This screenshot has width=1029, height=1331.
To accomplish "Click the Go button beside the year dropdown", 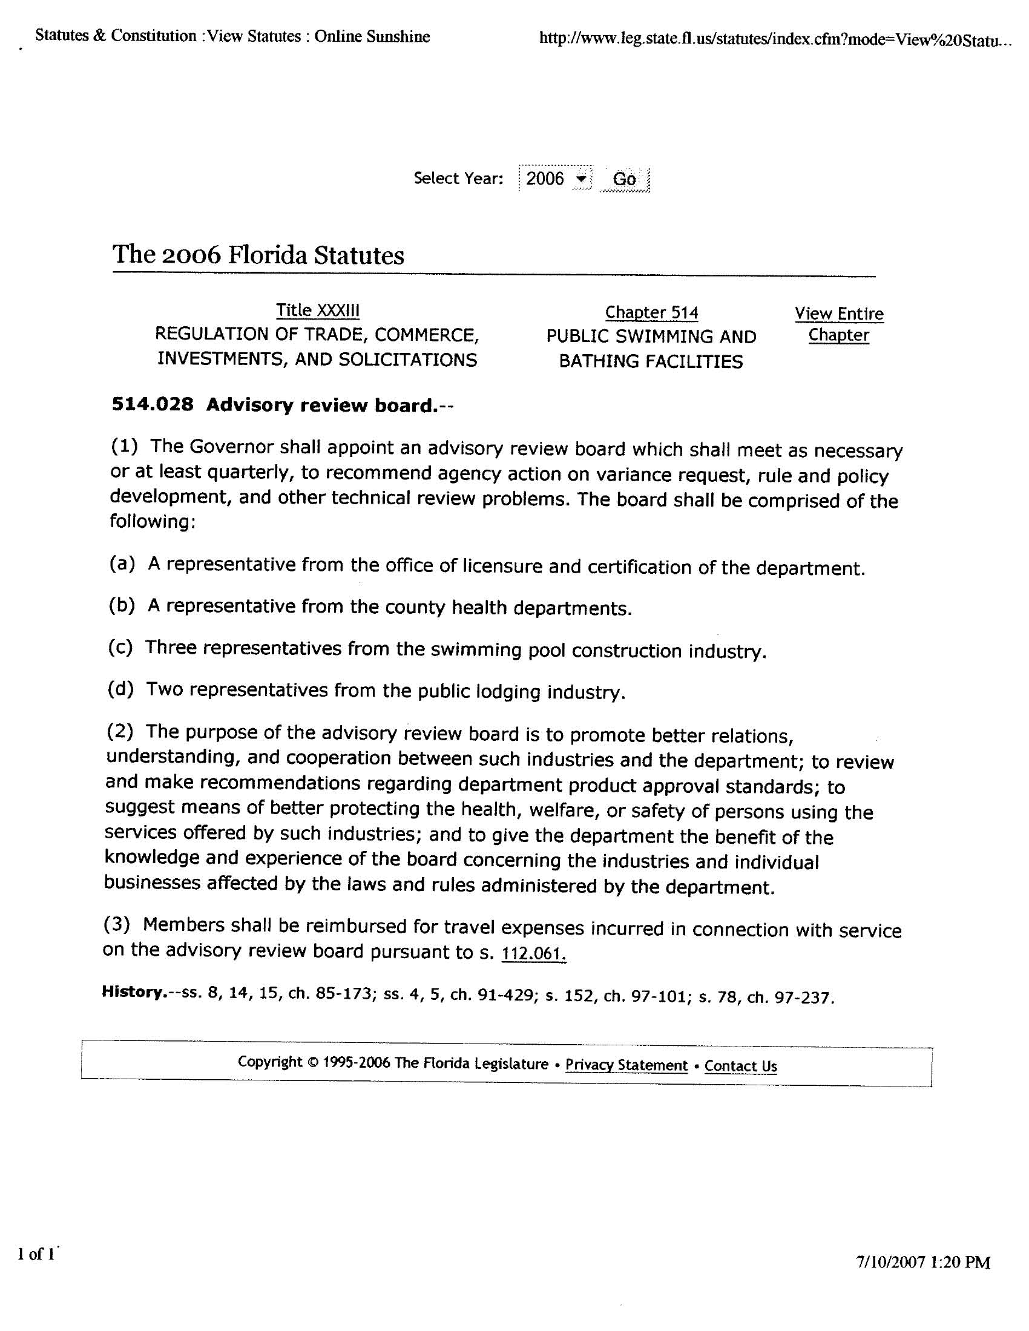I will [624, 179].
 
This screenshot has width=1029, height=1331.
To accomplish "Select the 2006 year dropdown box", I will [554, 179].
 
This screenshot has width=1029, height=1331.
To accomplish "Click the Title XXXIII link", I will [318, 310].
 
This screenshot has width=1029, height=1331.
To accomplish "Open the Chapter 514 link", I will [651, 313].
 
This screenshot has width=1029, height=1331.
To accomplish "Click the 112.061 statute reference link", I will [533, 953].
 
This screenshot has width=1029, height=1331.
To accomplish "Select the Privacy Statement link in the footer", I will [626, 1065].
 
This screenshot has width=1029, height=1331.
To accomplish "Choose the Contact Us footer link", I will [741, 1066].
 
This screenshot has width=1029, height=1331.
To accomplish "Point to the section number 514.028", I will [153, 404].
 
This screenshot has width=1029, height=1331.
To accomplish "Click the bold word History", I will [134, 991].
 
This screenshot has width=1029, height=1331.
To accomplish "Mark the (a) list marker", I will [122, 564].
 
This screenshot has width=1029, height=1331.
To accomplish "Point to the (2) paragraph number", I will [119, 731].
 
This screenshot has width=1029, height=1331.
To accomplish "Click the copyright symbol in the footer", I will [313, 1062].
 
